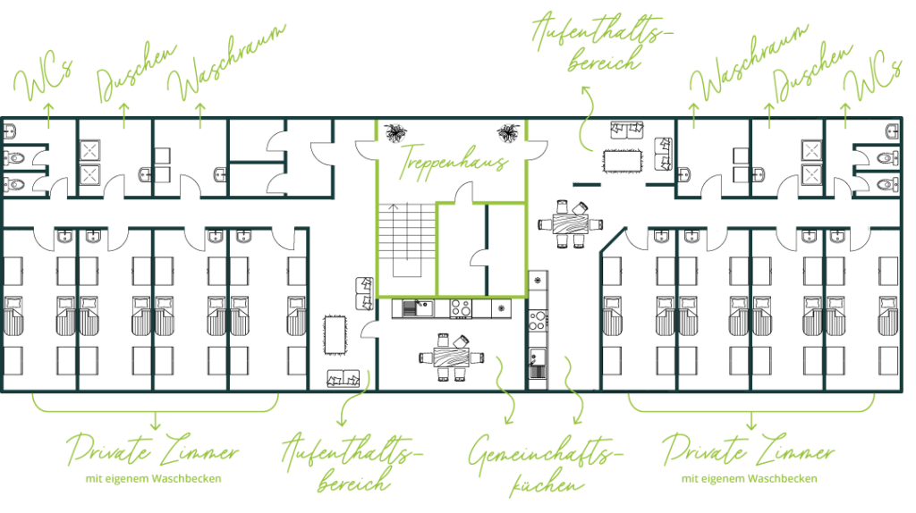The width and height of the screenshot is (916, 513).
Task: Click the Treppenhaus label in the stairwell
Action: pyautogui.click(x=454, y=161)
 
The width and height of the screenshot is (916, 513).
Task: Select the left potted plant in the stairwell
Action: pyautogui.click(x=396, y=133)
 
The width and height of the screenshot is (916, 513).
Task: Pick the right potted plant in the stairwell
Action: pyautogui.click(x=508, y=133)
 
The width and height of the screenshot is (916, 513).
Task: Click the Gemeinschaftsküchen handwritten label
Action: pyautogui.click(x=545, y=465)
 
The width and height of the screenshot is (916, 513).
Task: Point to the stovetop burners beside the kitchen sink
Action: pyautogui.click(x=461, y=308)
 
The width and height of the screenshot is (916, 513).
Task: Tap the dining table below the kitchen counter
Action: pyautogui.click(x=451, y=357)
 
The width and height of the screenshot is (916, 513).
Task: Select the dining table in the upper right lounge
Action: pyautogui.click(x=571, y=223)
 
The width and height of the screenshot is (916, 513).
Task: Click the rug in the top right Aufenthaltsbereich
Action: pyautogui.click(x=623, y=161)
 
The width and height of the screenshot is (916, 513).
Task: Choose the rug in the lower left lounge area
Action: pyautogui.click(x=335, y=335)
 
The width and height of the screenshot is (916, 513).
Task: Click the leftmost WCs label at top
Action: pyautogui.click(x=43, y=79)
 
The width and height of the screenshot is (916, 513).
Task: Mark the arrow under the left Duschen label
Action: pyautogui.click(x=123, y=115)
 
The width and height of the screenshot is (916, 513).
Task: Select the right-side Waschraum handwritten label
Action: pyautogui.click(x=749, y=63)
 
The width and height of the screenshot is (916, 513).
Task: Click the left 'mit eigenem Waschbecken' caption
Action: pyautogui.click(x=153, y=478)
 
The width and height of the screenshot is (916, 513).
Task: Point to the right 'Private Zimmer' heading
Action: pyautogui.click(x=749, y=450)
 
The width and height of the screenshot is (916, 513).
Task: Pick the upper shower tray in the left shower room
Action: pyautogui.click(x=89, y=150)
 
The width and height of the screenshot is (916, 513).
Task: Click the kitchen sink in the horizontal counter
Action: pyautogui.click(x=418, y=307)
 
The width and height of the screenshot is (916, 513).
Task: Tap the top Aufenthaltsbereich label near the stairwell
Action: pyautogui.click(x=602, y=42)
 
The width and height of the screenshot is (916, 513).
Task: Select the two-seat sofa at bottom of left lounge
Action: pyautogui.click(x=343, y=379)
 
